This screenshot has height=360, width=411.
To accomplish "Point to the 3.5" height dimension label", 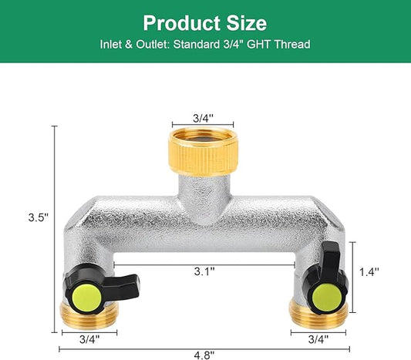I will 38,217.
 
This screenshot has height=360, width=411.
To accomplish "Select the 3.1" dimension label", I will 204,271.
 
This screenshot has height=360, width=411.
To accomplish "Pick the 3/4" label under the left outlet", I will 88,338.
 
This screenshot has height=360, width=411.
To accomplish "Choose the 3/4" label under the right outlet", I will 318,338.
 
